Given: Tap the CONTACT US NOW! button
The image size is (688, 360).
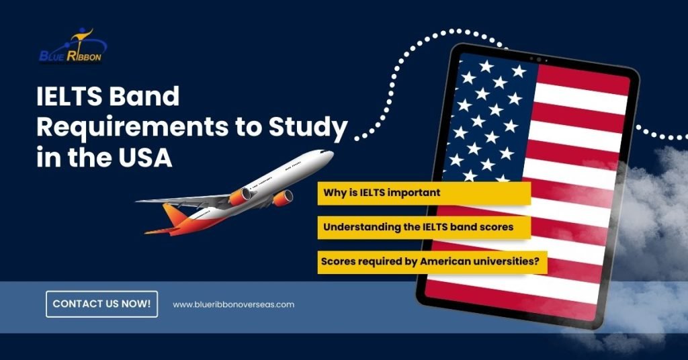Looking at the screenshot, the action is pyautogui.click(x=102, y=304).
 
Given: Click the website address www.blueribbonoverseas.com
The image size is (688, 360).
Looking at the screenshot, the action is pyautogui.click(x=233, y=304).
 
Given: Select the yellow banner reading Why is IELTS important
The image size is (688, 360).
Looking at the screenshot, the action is pyautogui.click(x=425, y=193).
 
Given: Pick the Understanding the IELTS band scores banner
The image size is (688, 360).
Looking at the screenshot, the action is pyautogui.click(x=425, y=227).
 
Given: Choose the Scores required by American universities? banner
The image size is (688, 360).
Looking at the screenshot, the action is pyautogui.click(x=433, y=262).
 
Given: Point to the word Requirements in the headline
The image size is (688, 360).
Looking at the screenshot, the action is pyautogui.click(x=132, y=127).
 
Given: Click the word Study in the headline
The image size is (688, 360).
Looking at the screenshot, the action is pyautogui.click(x=308, y=127).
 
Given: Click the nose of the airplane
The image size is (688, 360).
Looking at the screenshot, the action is pyautogui.click(x=331, y=154).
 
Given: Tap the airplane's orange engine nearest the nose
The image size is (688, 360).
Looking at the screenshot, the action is pyautogui.click(x=284, y=197).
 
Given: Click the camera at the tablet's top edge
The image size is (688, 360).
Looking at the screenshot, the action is pyautogui.click(x=539, y=59).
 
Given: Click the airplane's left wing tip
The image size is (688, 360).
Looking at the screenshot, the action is pyautogui.click(x=137, y=201).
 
